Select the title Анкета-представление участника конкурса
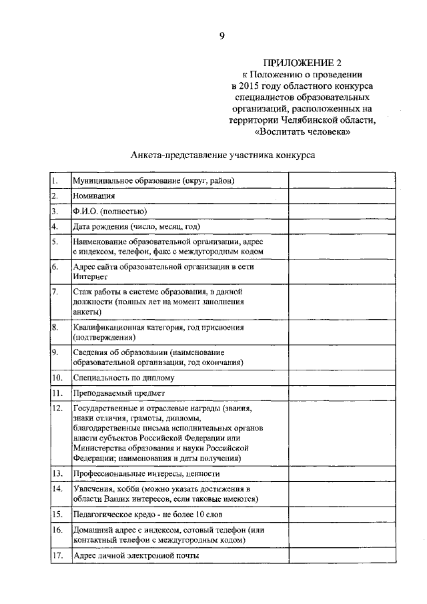pyautogui.click(x=223, y=155)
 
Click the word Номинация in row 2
pyautogui.click(x=94, y=196)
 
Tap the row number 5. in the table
pyautogui.click(x=55, y=242)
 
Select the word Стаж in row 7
pyautogui.click(x=83, y=292)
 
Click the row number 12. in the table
pyautogui.click(x=57, y=408)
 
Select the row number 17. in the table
pyautogui.click(x=57, y=555)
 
